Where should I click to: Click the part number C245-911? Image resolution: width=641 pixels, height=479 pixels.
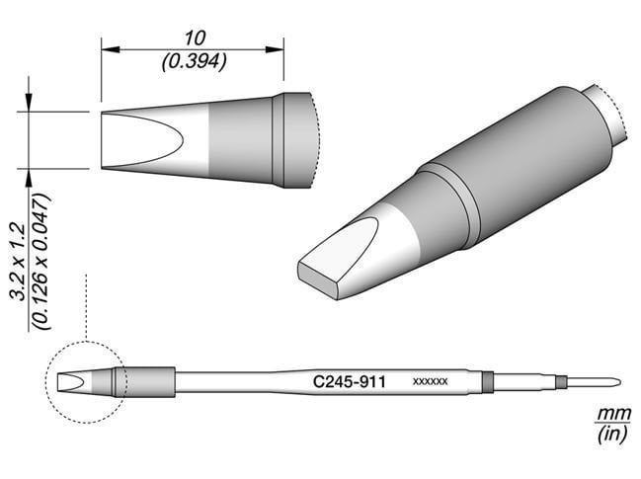point(348,380)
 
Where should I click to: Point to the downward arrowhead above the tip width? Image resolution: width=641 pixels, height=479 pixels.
point(29,105)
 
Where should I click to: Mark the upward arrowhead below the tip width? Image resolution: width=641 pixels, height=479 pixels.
point(29,176)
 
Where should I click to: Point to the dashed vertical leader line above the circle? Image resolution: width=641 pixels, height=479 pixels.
point(87,306)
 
